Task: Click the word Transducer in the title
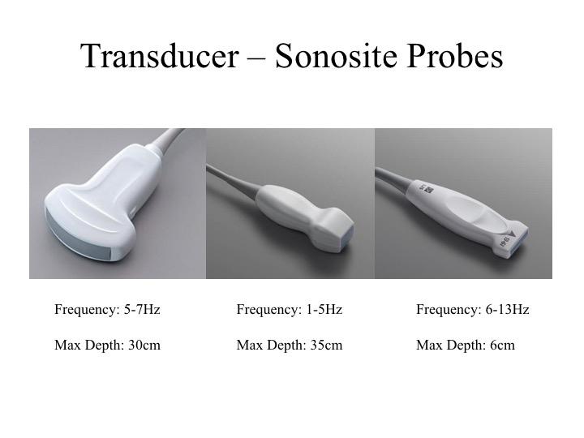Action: click(x=157, y=57)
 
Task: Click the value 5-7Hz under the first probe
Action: click(x=142, y=309)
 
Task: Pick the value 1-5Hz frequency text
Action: click(x=324, y=309)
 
